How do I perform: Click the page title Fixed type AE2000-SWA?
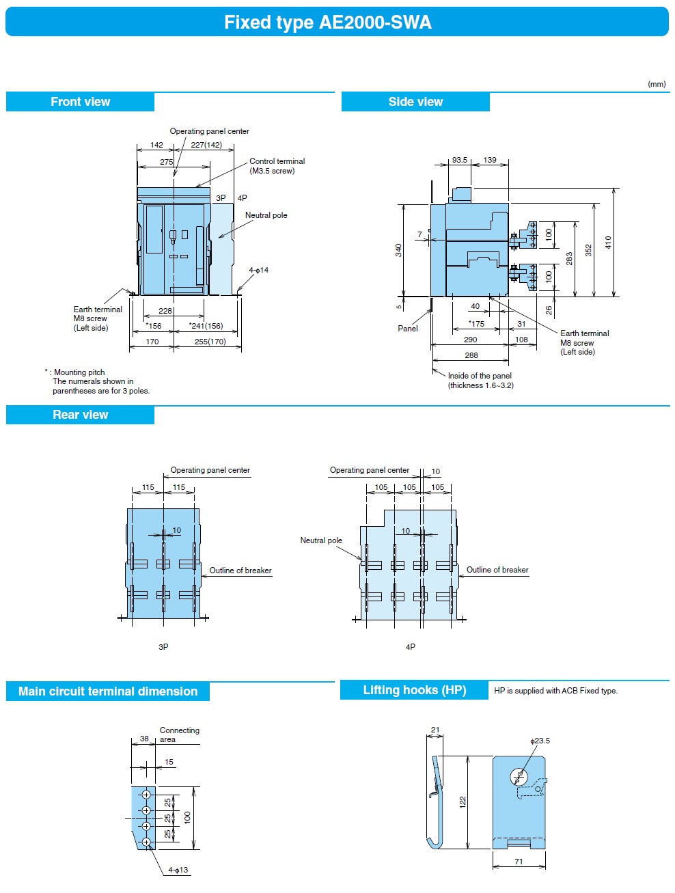[328, 23]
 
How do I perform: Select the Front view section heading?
[80, 102]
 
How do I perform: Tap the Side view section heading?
[415, 102]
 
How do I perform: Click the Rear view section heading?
[80, 415]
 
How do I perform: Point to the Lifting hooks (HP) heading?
[414, 690]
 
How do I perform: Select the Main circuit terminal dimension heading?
[108, 691]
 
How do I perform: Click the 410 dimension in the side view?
[608, 242]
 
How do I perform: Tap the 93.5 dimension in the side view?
[460, 160]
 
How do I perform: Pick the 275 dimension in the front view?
[167, 162]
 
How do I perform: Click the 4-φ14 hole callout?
[259, 270]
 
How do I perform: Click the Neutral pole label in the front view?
[266, 215]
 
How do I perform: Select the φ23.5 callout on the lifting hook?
[540, 741]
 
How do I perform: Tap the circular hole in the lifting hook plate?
[519, 777]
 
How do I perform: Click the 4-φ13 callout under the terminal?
[178, 870]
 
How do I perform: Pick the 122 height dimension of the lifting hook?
[463, 801]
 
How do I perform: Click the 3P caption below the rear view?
[163, 646]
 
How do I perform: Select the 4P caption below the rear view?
[411, 646]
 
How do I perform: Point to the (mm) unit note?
[657, 84]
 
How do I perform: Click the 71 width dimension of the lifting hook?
[519, 862]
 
